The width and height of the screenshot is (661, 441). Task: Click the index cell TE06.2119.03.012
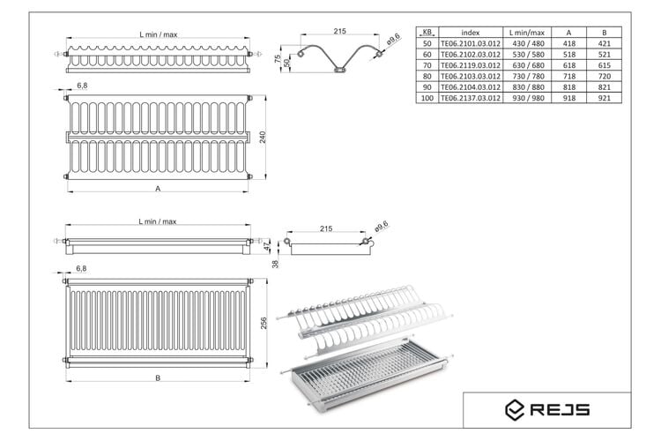[471, 65]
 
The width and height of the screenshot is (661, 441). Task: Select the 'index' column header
[471, 33]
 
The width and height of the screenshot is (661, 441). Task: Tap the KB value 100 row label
[427, 98]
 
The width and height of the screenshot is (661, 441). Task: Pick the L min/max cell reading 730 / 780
[527, 77]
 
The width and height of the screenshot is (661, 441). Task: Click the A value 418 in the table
[569, 43]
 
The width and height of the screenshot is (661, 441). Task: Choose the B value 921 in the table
[604, 98]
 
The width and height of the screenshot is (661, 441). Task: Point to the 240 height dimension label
[263, 138]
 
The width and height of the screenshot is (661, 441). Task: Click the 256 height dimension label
[264, 324]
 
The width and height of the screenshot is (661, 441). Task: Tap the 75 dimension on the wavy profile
[278, 59]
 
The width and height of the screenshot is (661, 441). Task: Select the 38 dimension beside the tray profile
[275, 265]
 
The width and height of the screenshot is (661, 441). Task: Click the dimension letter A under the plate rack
[158, 189]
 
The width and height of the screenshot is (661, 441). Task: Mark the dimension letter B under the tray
[158, 378]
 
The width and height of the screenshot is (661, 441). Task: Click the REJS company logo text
[560, 410]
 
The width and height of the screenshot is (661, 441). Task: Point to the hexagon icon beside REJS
[515, 410]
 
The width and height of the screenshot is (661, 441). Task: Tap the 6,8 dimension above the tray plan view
[81, 268]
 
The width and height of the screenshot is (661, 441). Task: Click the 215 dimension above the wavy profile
[339, 31]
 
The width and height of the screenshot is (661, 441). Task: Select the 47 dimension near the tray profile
[266, 246]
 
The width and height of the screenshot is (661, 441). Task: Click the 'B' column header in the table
[604, 33]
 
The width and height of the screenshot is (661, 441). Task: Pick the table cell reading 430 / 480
[527, 43]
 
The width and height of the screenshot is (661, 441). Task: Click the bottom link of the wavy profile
[339, 70]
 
